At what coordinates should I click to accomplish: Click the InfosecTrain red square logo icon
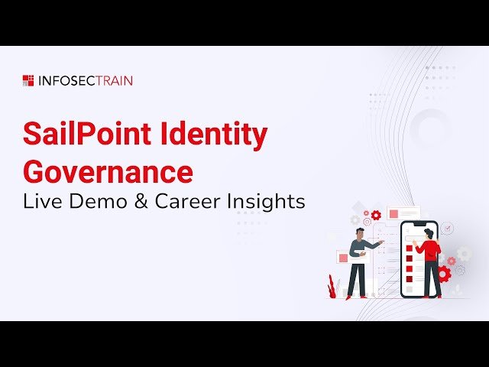tap(28, 80)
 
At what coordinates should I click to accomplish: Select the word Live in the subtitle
tap(39, 202)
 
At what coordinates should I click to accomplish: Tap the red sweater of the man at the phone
tap(430, 250)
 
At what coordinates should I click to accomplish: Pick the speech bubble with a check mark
tap(447, 228)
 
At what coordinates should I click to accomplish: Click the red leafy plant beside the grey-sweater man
tap(332, 286)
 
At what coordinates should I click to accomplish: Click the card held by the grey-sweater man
tap(343, 258)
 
